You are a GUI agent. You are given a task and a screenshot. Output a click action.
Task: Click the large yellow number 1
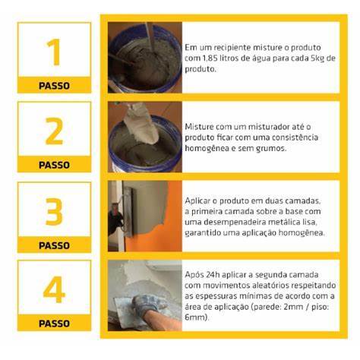(54, 52)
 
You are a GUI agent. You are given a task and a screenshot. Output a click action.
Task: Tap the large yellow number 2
(54, 131)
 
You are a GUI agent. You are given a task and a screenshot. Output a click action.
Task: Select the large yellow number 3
(54, 212)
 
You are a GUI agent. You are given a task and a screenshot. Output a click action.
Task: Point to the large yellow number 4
(54, 289)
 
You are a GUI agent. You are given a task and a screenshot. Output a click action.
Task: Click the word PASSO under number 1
(54, 86)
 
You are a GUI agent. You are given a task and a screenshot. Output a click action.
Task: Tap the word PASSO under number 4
(54, 324)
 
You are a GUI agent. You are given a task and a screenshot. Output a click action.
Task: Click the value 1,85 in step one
(210, 58)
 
